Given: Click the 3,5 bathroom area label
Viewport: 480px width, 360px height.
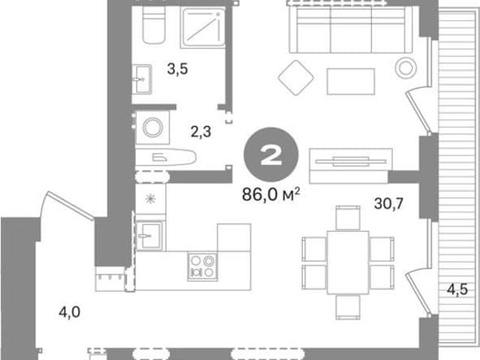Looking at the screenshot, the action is tap(178, 69).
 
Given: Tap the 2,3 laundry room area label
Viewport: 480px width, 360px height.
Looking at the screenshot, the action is tap(201, 132).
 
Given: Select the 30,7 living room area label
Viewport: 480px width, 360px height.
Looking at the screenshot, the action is tap(388, 203).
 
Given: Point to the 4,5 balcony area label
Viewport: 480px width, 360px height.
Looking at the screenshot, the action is tap(457, 289).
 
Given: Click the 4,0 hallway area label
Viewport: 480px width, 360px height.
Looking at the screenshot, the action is tap(70, 313).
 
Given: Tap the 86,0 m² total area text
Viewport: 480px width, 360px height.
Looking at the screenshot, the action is tap(271, 194).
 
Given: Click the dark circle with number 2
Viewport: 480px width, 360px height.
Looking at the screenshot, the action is tap(271, 154).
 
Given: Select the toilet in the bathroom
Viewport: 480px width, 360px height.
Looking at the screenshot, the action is tap(154, 25).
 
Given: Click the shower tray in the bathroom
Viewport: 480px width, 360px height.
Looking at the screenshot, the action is tap(202, 28).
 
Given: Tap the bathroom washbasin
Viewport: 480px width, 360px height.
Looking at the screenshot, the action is tap(142, 79).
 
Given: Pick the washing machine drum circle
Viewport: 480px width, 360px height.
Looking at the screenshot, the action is tap(153, 127).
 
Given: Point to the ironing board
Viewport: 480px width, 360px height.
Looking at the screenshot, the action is tap(166, 157).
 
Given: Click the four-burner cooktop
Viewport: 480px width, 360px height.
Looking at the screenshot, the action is tap(202, 267).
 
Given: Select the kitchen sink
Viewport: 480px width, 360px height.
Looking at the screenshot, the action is tap(149, 235).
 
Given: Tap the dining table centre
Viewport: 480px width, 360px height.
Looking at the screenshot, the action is tap(348, 262).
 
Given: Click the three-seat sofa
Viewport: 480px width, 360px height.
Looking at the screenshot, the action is tap(351, 30).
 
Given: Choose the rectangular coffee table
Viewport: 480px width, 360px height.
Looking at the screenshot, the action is tap(351, 82).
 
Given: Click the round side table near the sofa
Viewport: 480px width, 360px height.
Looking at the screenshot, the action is tap(406, 68).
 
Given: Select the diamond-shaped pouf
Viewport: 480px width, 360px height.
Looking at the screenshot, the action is tap(295, 77).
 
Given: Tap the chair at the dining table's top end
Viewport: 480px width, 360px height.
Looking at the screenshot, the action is tap(348, 217).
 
